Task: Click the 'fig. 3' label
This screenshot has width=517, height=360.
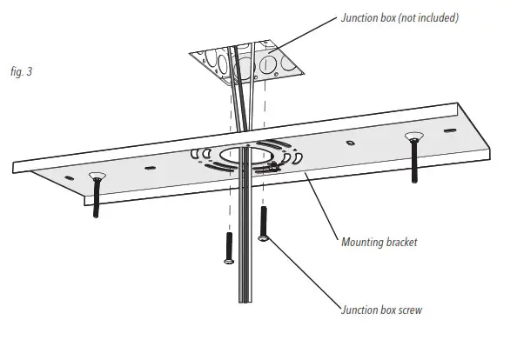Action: click(x=21, y=72)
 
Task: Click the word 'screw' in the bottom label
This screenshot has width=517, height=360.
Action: click(x=408, y=311)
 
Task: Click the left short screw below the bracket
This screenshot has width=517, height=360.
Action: click(x=228, y=247)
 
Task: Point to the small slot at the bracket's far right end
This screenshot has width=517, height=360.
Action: click(x=449, y=130)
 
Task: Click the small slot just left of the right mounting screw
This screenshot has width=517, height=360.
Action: click(x=350, y=143)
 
